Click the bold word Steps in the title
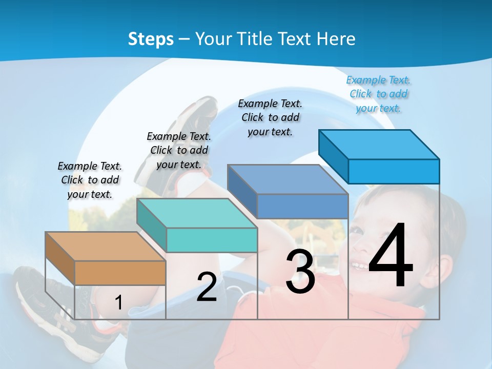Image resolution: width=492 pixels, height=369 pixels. coord(151,39)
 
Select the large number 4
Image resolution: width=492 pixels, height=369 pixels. coord(391,257)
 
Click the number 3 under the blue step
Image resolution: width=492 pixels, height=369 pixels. coord(300,272)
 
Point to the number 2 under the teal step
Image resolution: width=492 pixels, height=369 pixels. coord(207,287)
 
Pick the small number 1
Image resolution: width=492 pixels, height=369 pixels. coord(118,303)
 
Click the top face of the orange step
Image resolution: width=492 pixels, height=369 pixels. coord(105,247)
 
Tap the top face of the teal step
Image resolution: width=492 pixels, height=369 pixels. coord(197,213)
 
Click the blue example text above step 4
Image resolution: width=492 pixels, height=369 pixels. coord(379,94)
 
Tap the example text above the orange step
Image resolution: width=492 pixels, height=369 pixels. coord(90,180)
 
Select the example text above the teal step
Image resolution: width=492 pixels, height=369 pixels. coord(179,150)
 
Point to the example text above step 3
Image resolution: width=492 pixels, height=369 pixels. coord(270,117)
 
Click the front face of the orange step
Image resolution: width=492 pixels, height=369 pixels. coord(120,273)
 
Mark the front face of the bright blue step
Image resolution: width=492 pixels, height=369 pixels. coord(394,171)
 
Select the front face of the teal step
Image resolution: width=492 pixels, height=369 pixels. coord(212,240)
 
